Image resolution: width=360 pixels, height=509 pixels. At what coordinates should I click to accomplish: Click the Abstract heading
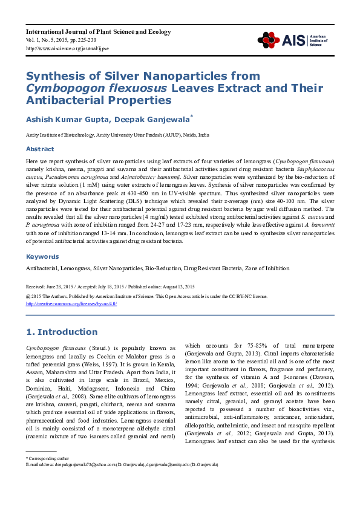[39, 149]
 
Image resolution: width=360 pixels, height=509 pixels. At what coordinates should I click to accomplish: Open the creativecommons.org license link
[71, 304]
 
